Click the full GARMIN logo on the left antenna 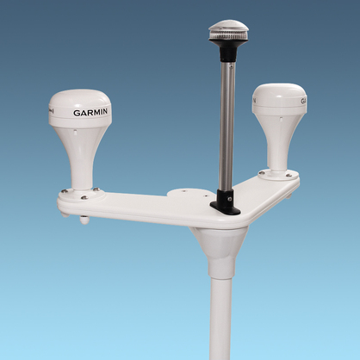click(x=90, y=112)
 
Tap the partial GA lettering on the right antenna click(x=303, y=102)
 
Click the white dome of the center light click(x=228, y=27)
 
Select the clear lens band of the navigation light click(x=228, y=37)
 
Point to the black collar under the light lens click(x=227, y=53)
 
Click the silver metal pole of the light click(x=227, y=127)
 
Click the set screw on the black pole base click(x=230, y=198)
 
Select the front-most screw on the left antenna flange click(x=84, y=197)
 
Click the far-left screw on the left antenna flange click(x=64, y=191)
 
